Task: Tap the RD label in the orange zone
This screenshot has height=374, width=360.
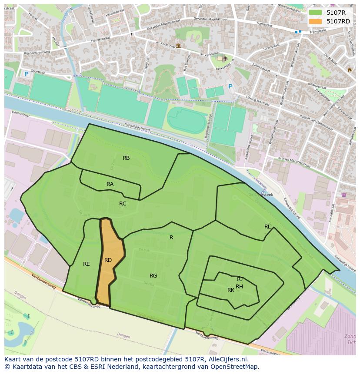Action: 108,260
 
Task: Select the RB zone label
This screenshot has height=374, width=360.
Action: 126,158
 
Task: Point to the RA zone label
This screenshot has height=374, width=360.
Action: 110,184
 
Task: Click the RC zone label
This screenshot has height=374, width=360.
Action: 123,204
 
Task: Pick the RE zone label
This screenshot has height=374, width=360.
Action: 87,264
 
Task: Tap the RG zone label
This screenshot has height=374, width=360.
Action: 153,276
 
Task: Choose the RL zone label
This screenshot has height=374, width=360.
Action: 267,227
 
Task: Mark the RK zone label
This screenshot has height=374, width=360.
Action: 231,290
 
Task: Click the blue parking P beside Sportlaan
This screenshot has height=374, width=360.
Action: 26,74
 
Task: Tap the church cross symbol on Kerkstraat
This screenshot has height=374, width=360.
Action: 225,58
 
